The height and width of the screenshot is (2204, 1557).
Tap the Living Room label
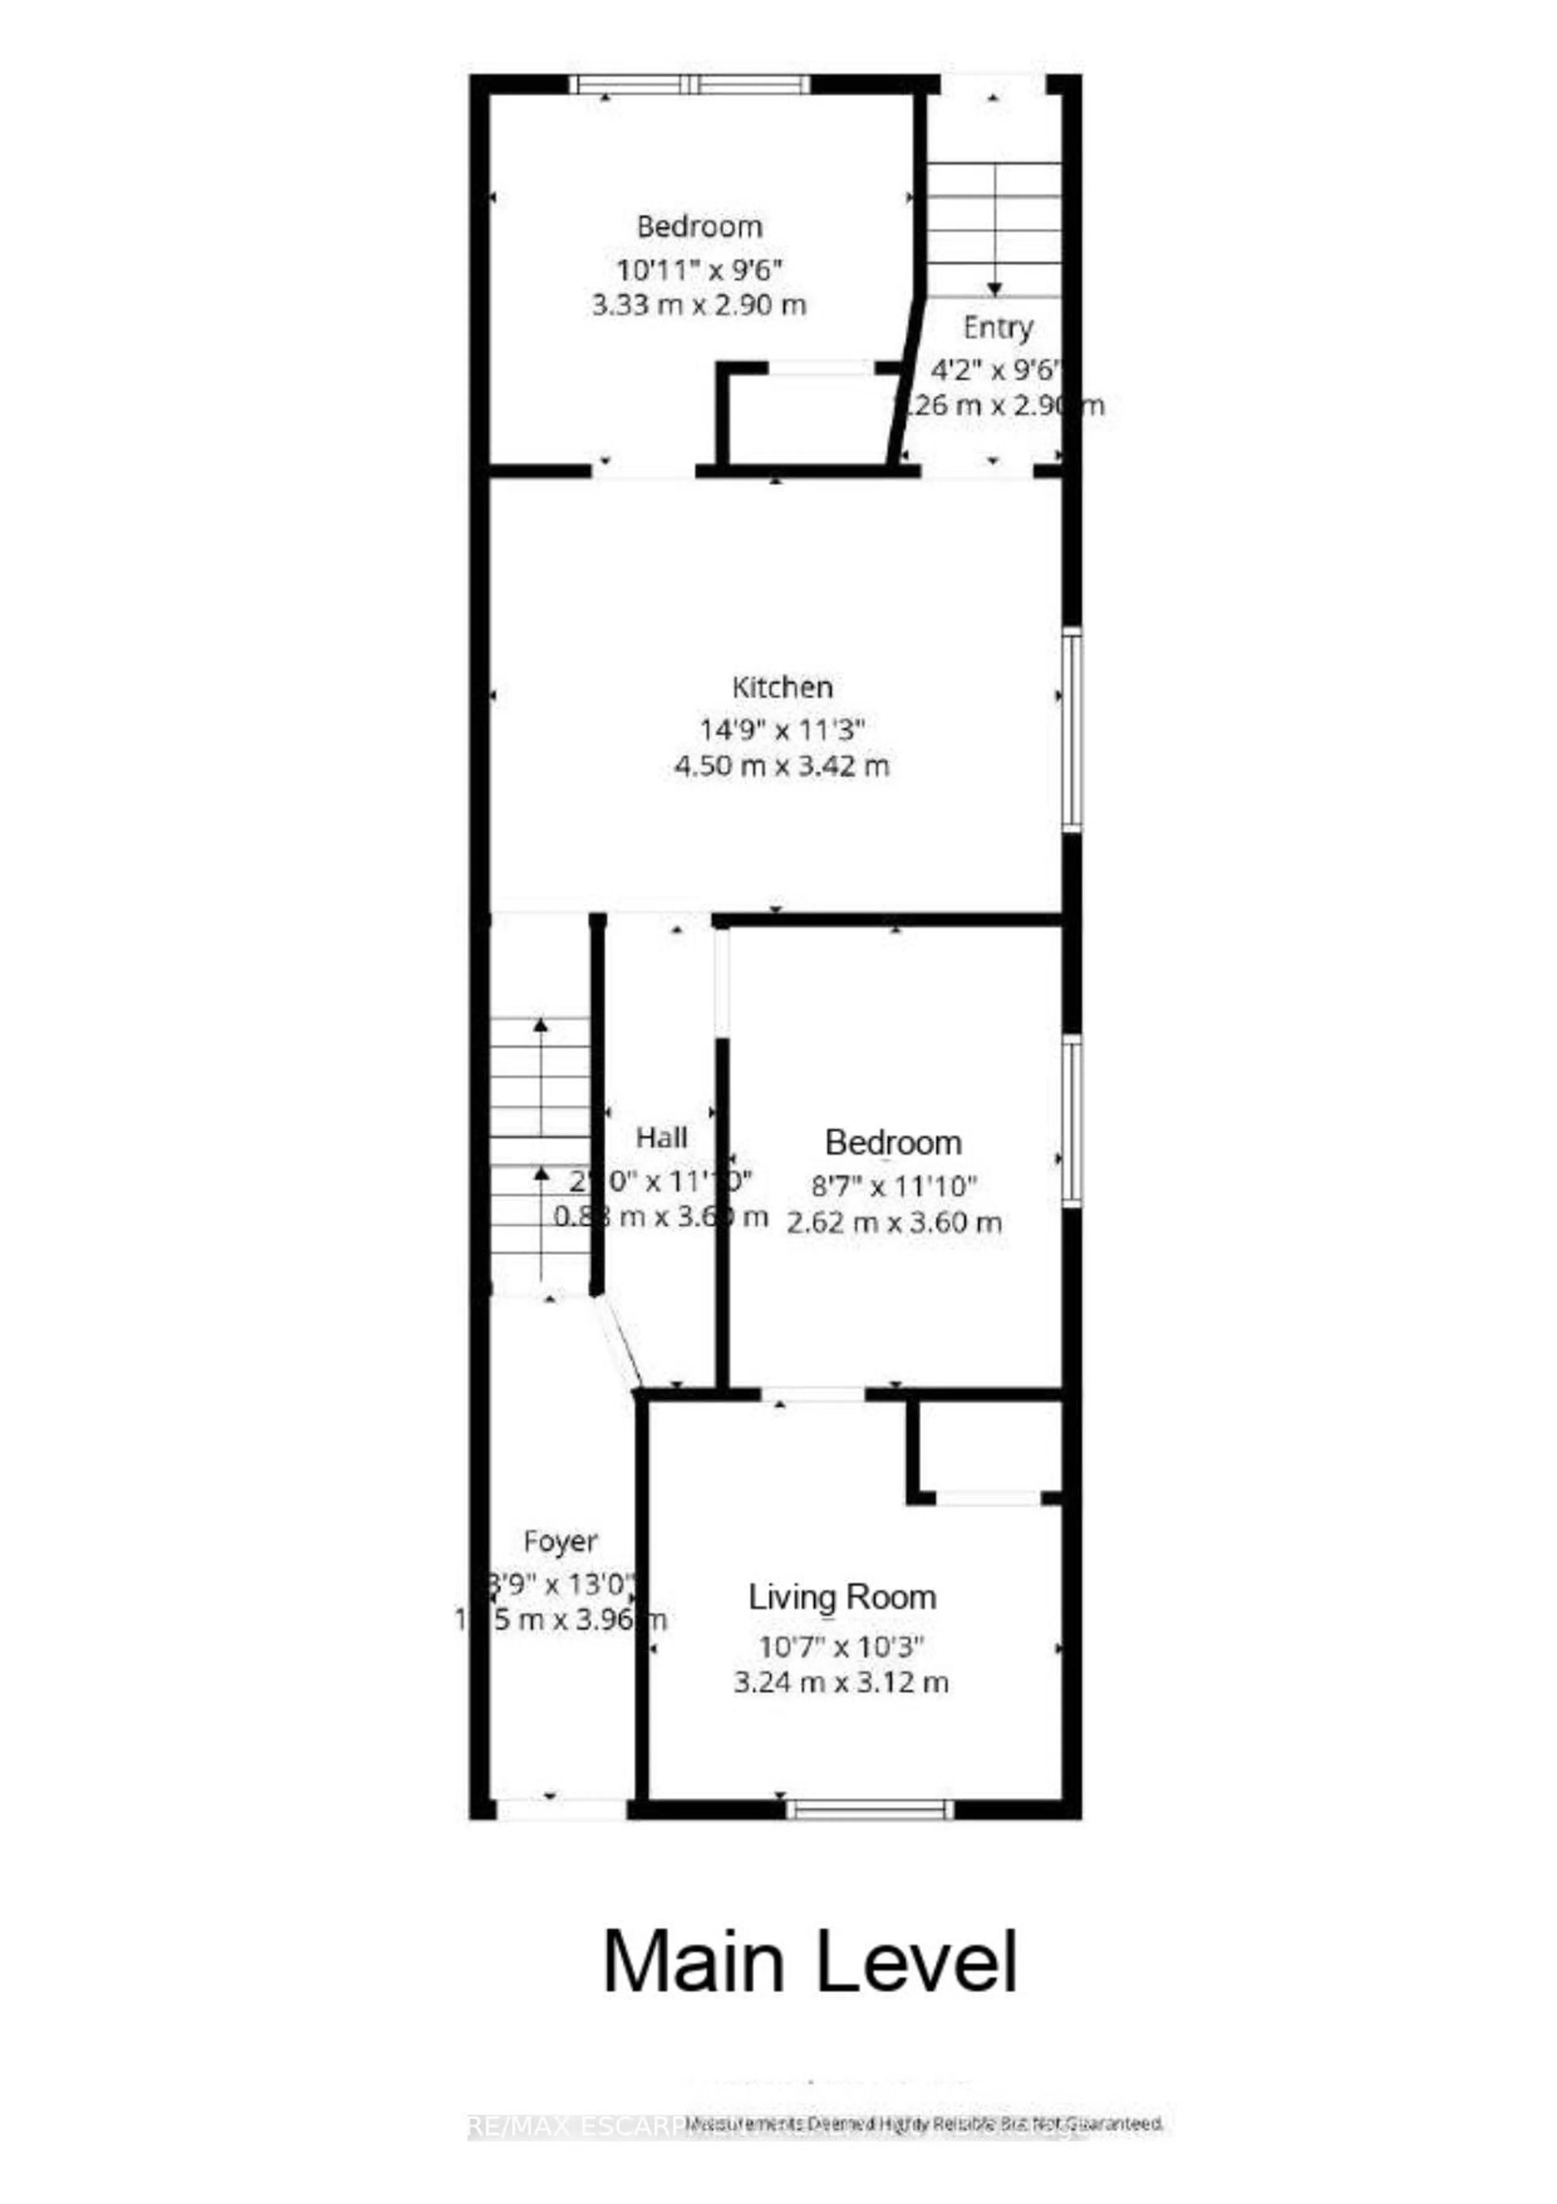[x=842, y=1597]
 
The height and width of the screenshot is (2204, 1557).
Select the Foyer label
[x=561, y=1542]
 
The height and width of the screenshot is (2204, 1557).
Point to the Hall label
[x=661, y=1137]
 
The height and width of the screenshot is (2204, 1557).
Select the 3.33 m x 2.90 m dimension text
[x=700, y=305]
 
